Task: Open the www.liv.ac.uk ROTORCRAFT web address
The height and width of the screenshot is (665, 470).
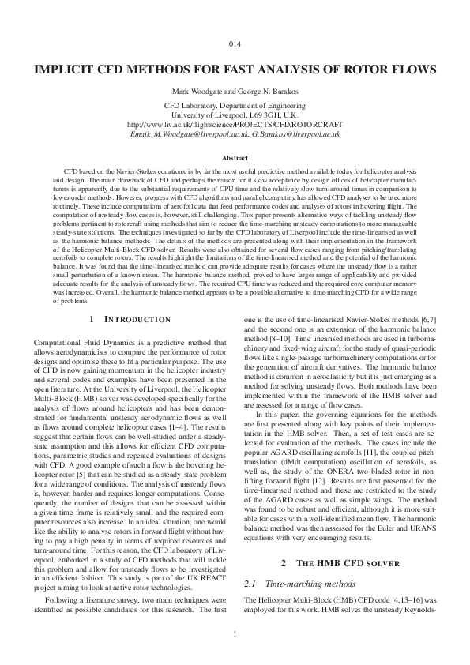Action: [x=235, y=125]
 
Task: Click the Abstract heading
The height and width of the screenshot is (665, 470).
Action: [x=235, y=158]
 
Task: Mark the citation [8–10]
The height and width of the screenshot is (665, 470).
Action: [x=285, y=348]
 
